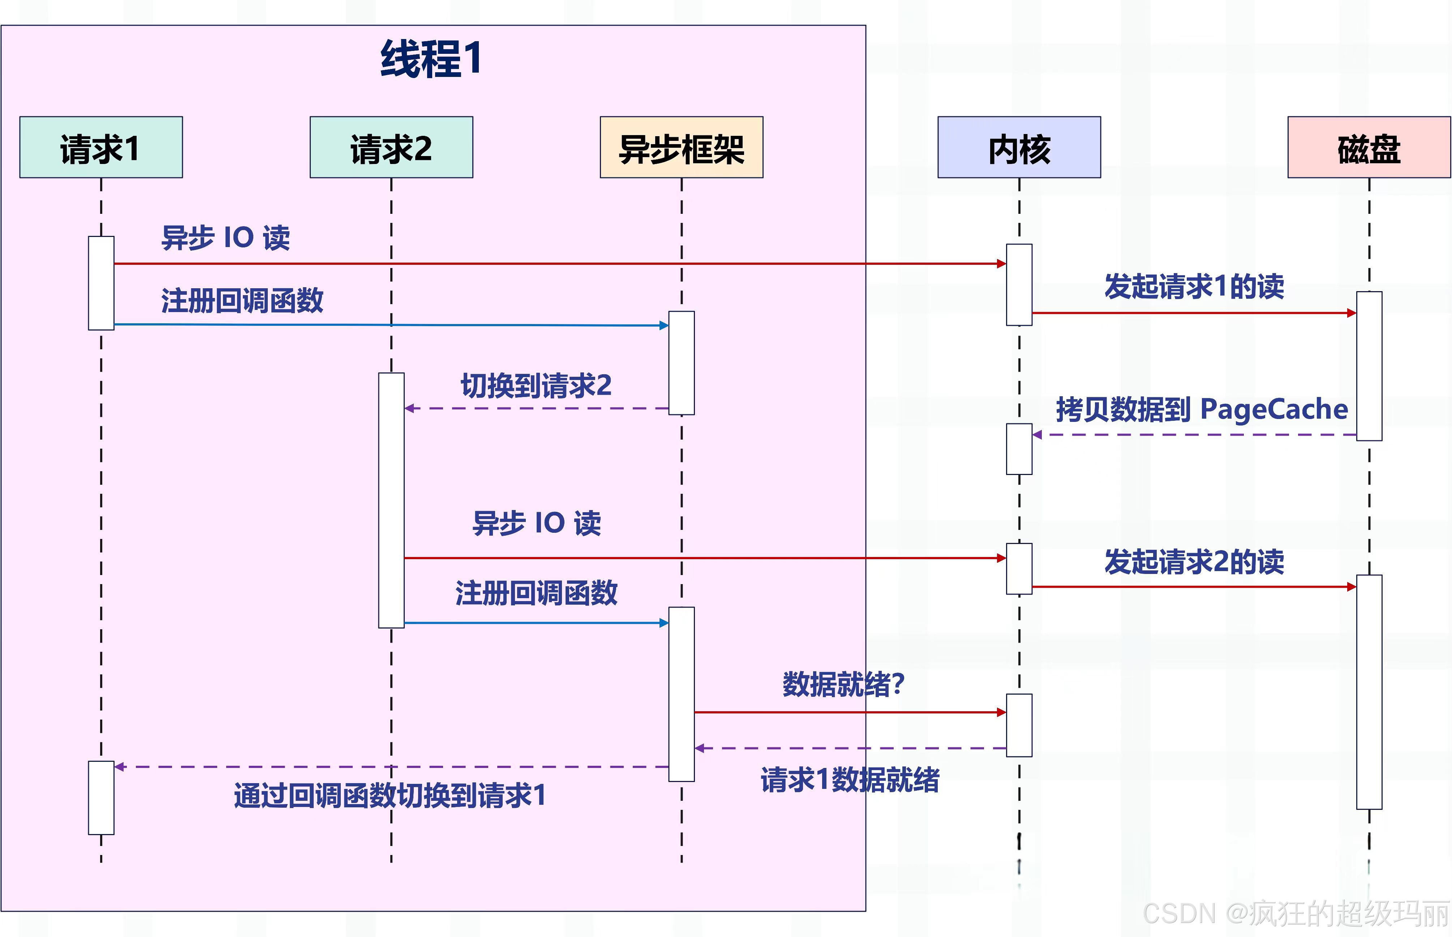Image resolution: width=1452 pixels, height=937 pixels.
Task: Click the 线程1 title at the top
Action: (x=431, y=59)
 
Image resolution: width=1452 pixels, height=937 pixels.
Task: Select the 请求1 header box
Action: (x=101, y=148)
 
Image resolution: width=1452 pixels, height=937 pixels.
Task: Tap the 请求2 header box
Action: (x=391, y=148)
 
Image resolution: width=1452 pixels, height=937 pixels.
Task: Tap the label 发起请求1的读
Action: (x=1194, y=286)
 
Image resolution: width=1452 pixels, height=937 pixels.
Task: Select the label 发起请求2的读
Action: (x=1194, y=561)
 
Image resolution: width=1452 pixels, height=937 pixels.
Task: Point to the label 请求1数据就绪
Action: (x=850, y=780)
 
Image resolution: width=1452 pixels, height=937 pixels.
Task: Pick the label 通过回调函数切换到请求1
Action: (x=390, y=795)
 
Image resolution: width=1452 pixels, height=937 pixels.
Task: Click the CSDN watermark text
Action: (x=1296, y=913)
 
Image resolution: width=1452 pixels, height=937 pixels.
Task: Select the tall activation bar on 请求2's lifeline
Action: (x=391, y=500)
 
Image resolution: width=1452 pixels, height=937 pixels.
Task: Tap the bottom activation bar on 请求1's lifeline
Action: (x=101, y=797)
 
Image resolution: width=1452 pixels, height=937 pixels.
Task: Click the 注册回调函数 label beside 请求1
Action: (x=242, y=301)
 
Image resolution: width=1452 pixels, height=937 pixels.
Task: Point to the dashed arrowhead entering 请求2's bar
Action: (x=409, y=408)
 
